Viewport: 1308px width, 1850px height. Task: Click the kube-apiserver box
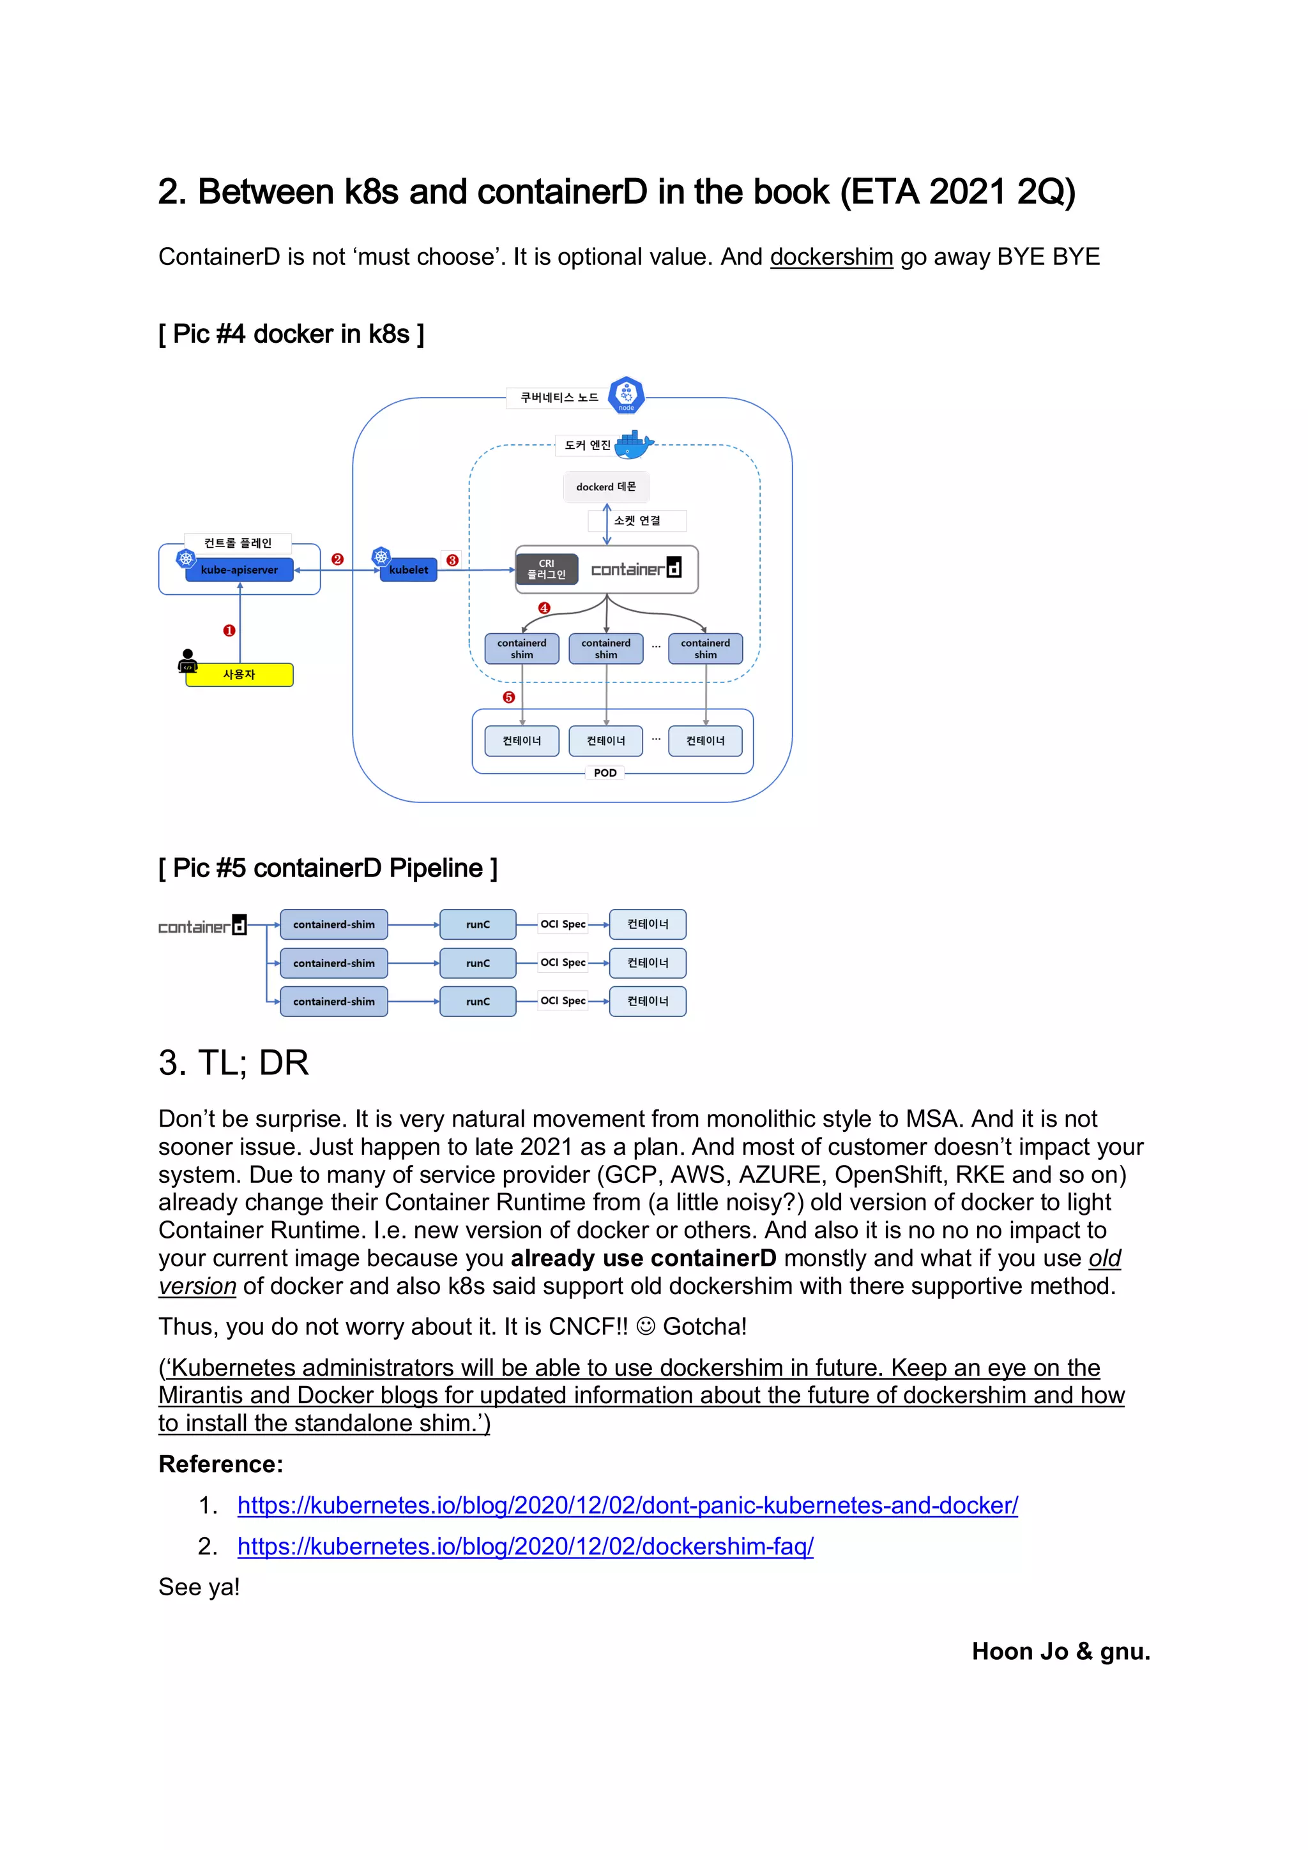click(x=239, y=569)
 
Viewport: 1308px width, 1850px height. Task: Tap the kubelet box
click(x=408, y=569)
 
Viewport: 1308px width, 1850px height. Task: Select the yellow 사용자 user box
click(x=240, y=674)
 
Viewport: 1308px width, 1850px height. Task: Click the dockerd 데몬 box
click(x=606, y=486)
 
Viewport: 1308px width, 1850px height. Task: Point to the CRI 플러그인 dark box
click(x=547, y=569)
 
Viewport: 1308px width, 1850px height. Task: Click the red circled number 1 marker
click(x=229, y=631)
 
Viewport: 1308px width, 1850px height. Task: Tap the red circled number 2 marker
click(x=338, y=559)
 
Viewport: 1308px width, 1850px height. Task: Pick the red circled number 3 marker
click(x=452, y=560)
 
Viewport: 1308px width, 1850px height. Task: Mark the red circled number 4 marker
click(x=544, y=608)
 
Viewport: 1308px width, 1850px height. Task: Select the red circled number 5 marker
click(x=508, y=697)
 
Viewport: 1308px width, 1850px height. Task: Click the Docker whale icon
click(x=634, y=443)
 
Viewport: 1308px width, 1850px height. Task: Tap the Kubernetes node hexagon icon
click(x=626, y=395)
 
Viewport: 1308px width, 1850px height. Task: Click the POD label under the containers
click(x=605, y=772)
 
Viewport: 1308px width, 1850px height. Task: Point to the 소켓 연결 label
click(x=637, y=520)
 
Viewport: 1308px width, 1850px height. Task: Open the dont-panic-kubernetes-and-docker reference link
click(x=627, y=1505)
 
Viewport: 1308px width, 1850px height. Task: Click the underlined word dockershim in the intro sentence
click(x=831, y=257)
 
